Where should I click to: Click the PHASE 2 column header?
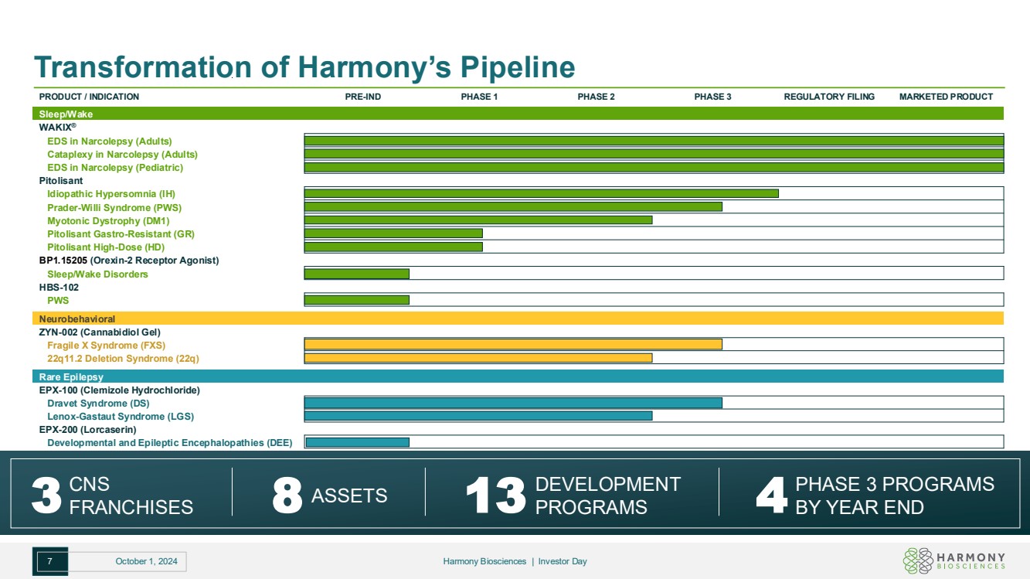point(596,97)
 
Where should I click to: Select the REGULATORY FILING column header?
point(829,97)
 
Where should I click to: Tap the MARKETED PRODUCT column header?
point(946,97)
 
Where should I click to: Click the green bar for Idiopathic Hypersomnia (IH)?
point(541,193)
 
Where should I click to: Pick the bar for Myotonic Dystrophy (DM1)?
point(478,220)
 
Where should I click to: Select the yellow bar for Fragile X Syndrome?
point(513,345)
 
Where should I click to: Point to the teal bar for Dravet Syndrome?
point(513,403)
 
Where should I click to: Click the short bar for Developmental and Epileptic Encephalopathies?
point(357,442)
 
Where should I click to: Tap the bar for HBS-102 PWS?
point(357,300)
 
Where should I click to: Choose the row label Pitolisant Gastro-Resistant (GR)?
point(121,233)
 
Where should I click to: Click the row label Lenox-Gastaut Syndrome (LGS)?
point(121,416)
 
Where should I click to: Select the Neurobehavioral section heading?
point(77,318)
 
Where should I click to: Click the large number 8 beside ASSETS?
point(287,496)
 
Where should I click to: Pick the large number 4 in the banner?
point(770,496)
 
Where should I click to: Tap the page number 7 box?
point(50,562)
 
